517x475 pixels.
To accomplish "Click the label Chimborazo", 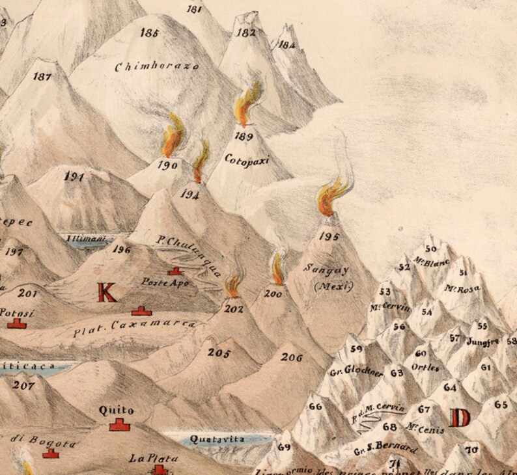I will pyautogui.click(x=156, y=66).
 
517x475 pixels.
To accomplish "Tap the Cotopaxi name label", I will pyautogui.click(x=247, y=158).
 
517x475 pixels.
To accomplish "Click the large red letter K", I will pyautogui.click(x=107, y=293).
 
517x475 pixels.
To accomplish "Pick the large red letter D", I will pyautogui.click(x=460, y=417).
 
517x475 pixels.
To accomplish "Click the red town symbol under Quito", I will pyautogui.click(x=118, y=425).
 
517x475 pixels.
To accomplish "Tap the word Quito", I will pyautogui.click(x=117, y=410).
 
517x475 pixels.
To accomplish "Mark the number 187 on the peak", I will pyautogui.click(x=42, y=77).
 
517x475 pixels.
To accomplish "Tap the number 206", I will pyautogui.click(x=292, y=357).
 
